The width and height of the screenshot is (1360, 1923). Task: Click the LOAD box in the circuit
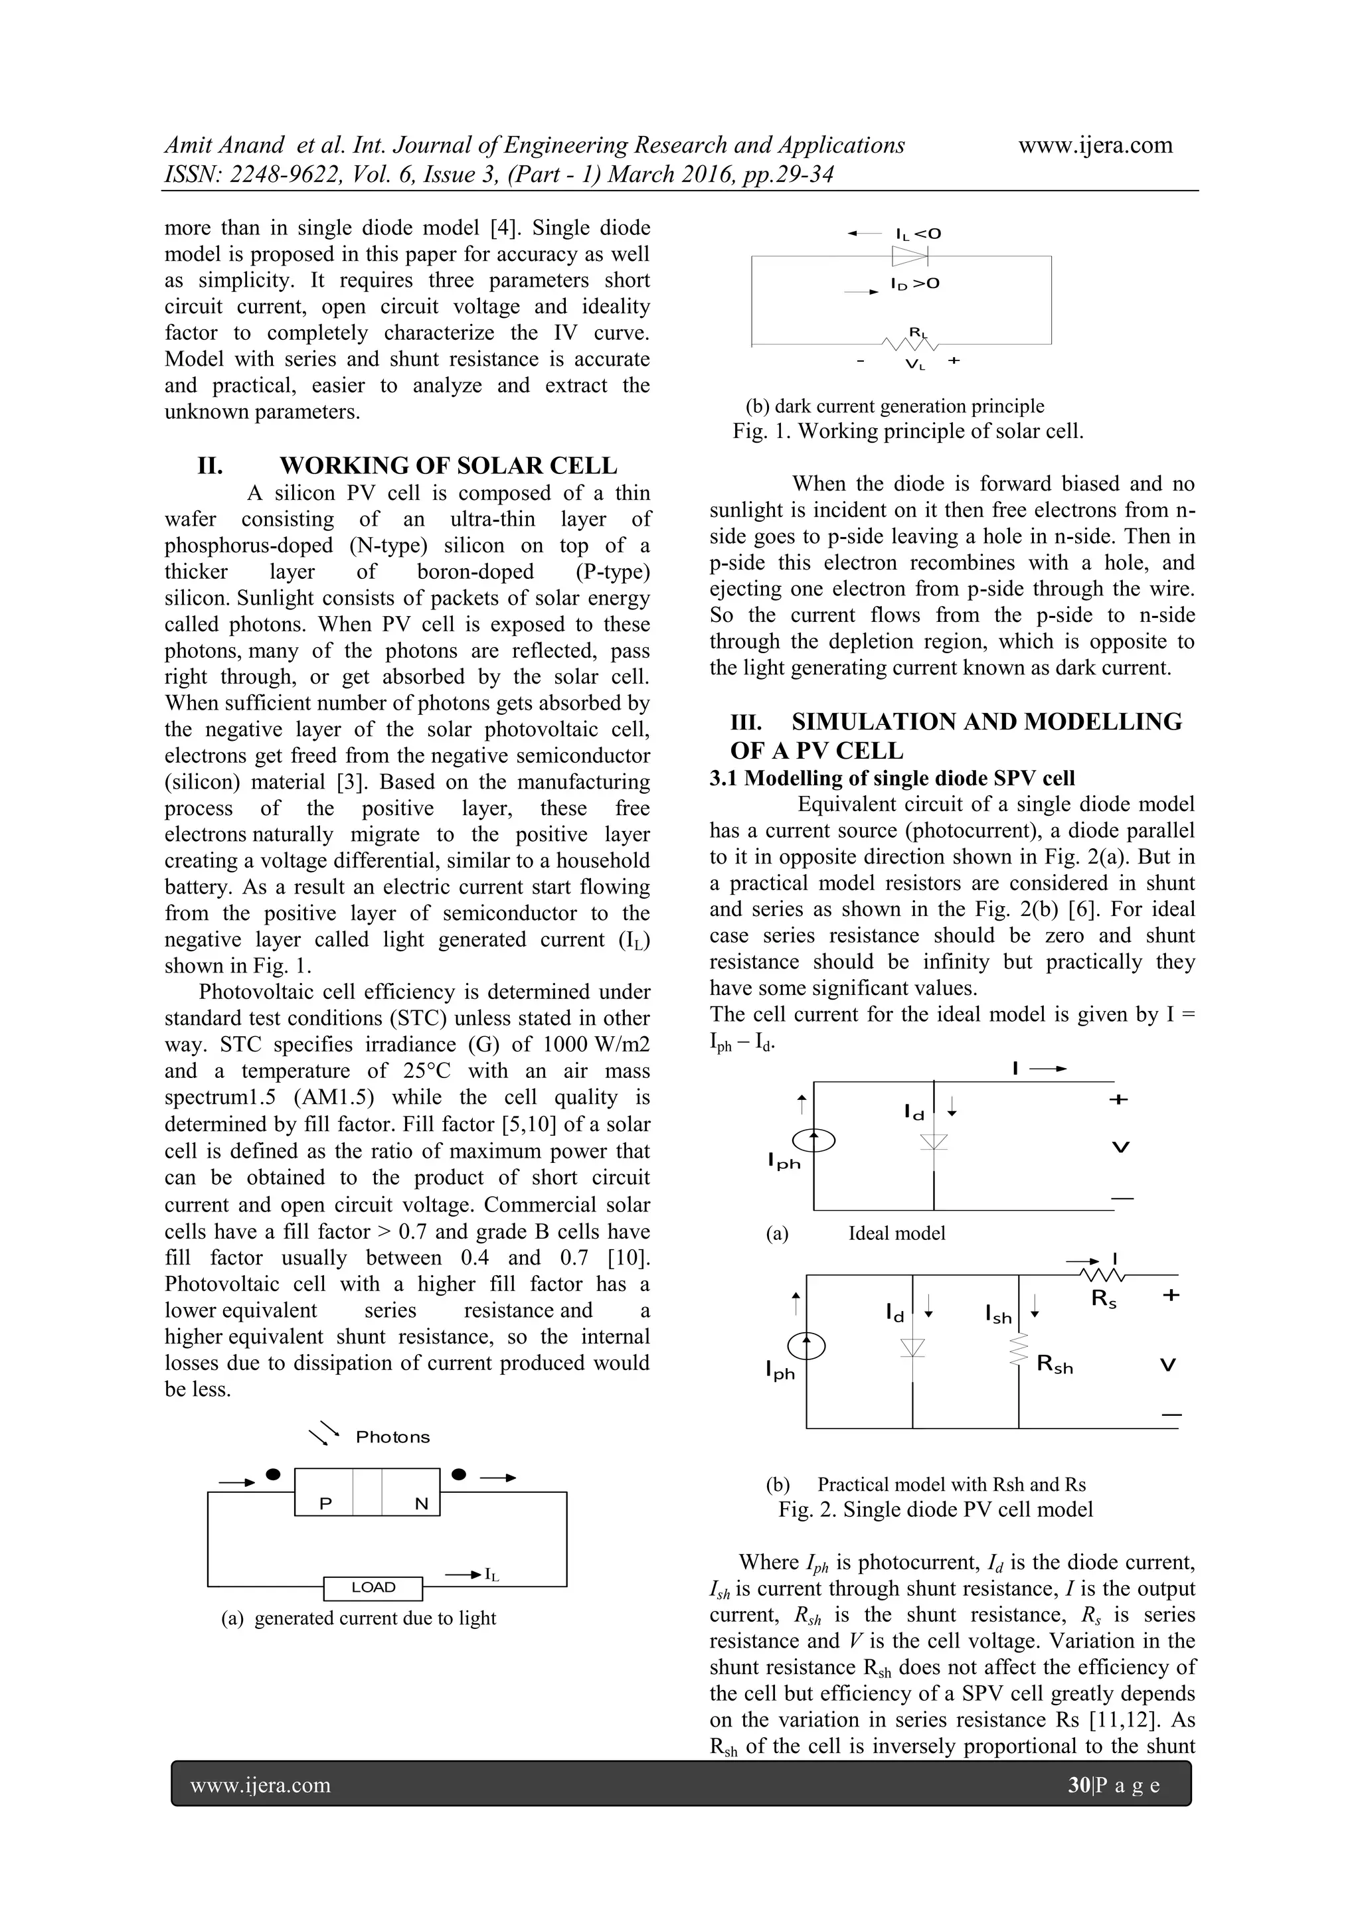[x=373, y=1587]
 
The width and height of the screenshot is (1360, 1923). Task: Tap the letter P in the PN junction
[x=326, y=1503]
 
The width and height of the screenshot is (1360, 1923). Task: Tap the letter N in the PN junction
[x=422, y=1503]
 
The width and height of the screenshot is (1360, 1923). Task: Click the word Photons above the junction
[x=392, y=1437]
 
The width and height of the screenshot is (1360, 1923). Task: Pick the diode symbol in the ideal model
[x=934, y=1142]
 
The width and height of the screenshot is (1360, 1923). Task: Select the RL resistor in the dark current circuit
[x=910, y=343]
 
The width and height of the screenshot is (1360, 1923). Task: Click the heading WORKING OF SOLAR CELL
[x=448, y=466]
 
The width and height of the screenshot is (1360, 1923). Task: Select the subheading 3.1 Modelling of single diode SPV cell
[x=892, y=778]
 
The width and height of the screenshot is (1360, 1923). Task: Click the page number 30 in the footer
[x=1076, y=1785]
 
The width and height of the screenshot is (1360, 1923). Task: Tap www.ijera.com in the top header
[x=1095, y=145]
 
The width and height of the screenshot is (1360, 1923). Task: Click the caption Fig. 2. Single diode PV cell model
[x=935, y=1509]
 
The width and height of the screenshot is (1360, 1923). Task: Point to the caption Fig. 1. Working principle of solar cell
[x=908, y=431]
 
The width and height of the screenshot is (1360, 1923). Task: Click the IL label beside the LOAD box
[x=492, y=1575]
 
